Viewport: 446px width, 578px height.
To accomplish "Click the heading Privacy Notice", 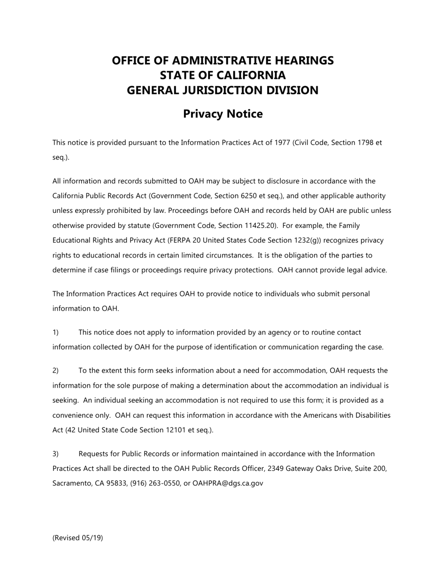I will click(223, 114).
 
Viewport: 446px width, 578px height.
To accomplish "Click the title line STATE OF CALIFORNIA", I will click(223, 75).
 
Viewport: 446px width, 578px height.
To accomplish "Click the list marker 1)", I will click(55, 333).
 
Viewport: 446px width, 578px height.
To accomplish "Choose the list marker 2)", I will click(55, 371).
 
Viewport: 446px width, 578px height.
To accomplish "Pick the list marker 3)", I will click(55, 454).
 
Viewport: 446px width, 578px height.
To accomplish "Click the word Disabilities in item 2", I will click(370, 415).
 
